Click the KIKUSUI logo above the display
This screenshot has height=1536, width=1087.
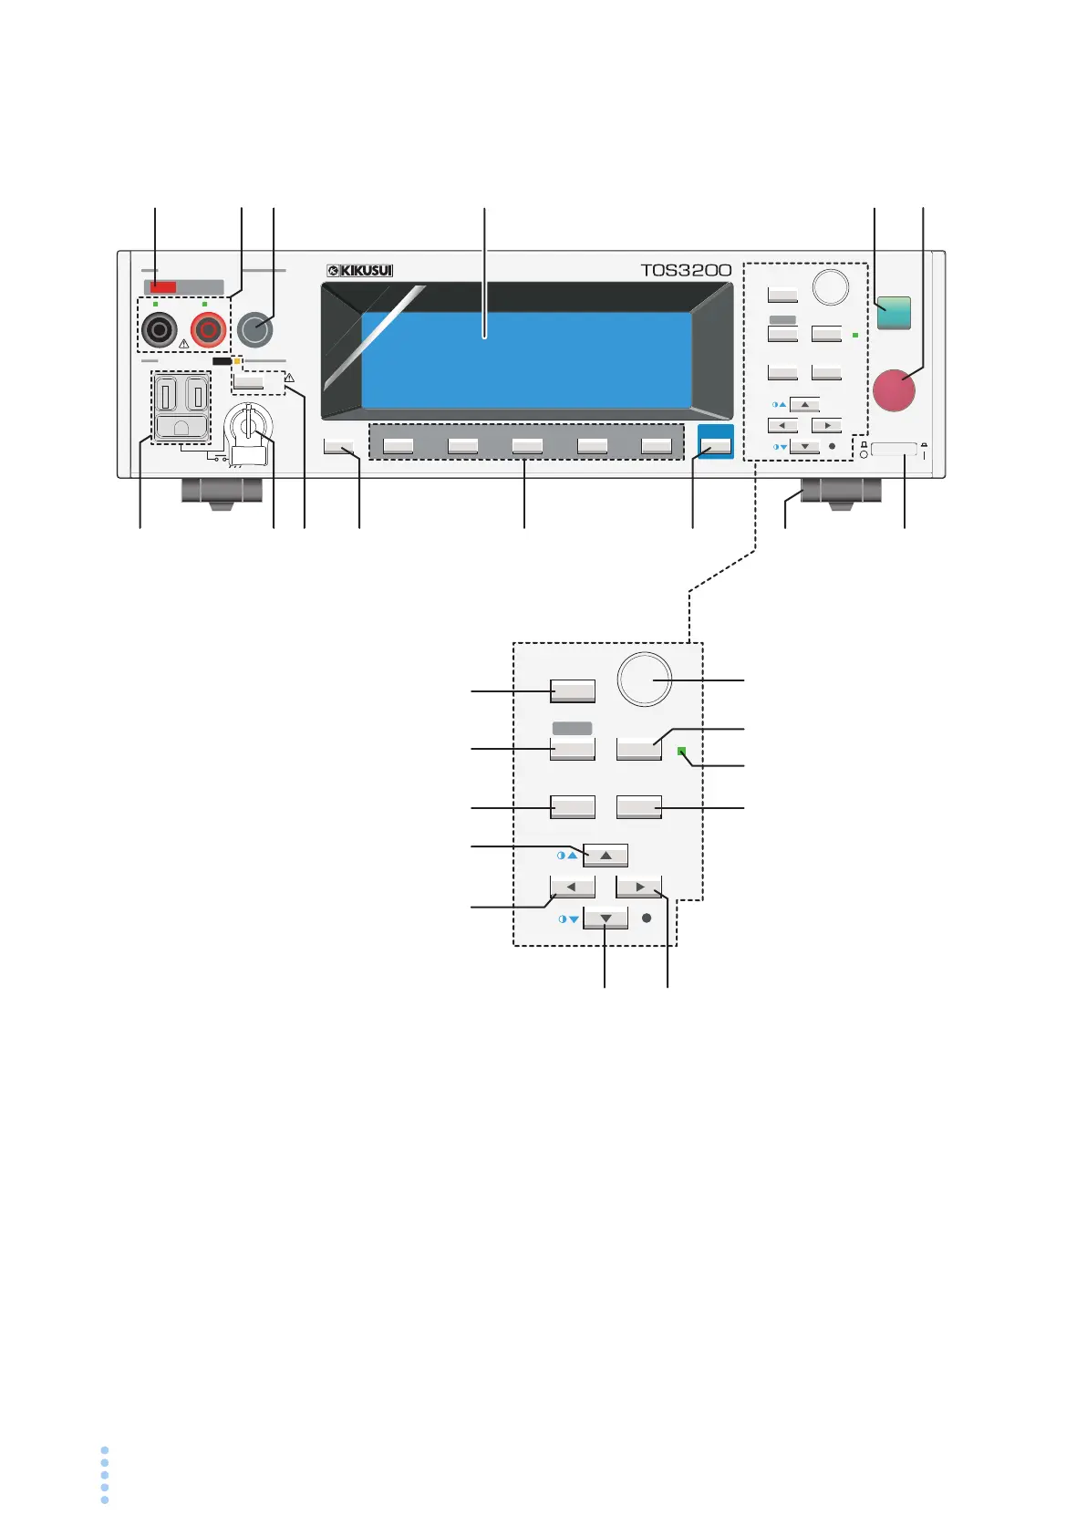click(360, 270)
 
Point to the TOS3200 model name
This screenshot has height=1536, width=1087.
click(686, 270)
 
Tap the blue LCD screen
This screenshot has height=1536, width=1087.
click(526, 360)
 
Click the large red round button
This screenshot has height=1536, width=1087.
click(894, 389)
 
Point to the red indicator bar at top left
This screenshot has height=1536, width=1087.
click(163, 287)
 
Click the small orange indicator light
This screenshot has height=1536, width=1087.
click(237, 361)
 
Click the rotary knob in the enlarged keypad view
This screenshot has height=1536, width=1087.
click(645, 679)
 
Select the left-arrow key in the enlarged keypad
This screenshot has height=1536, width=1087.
click(572, 887)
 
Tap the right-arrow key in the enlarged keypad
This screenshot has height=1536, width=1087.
click(638, 887)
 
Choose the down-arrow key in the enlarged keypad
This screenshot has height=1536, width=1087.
click(606, 918)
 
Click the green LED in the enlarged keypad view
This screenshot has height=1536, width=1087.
click(681, 751)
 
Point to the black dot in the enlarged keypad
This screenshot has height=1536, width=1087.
click(647, 918)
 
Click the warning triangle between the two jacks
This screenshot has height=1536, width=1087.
click(184, 344)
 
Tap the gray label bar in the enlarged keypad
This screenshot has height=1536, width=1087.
click(572, 728)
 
